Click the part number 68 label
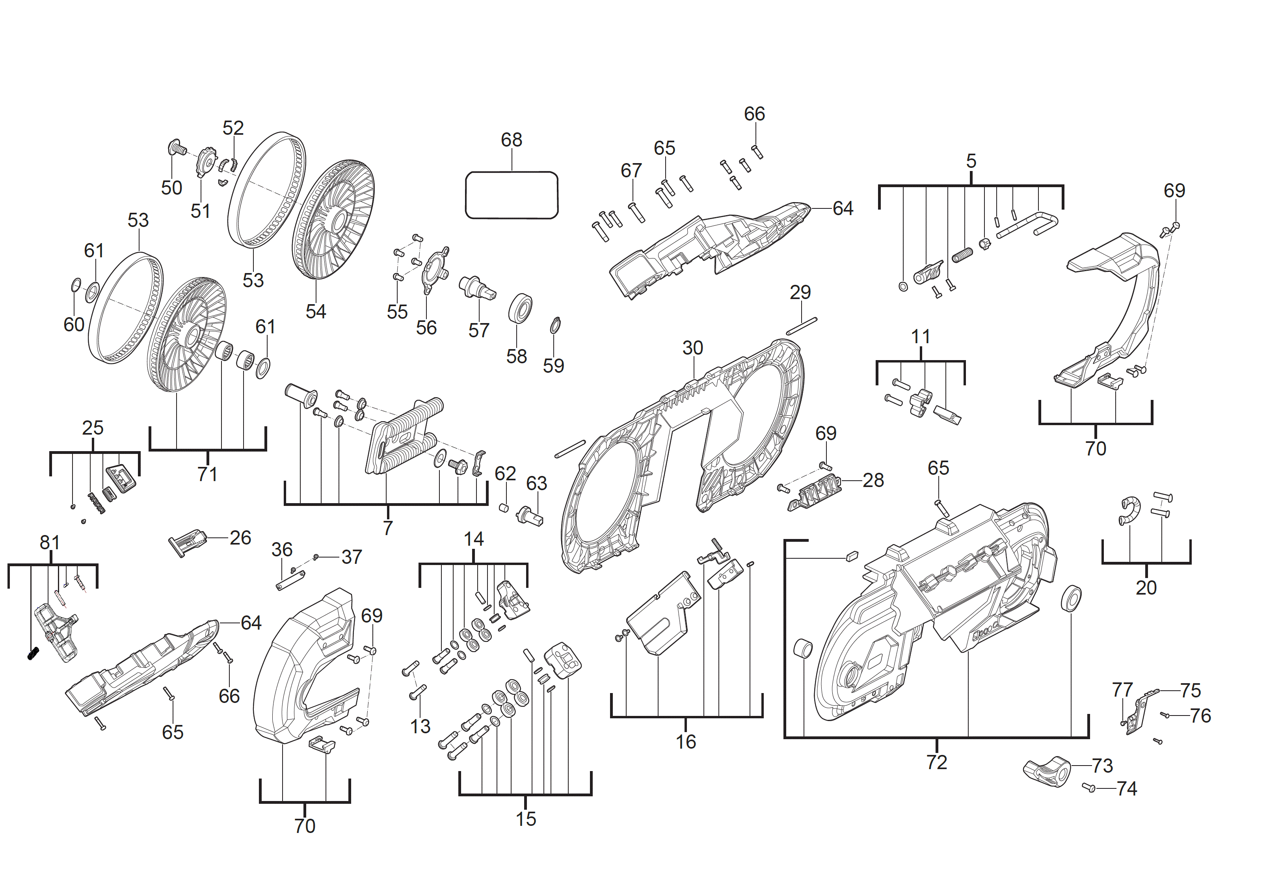[x=511, y=140]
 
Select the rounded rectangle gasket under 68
[x=511, y=195]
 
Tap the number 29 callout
[x=800, y=292]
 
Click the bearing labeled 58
[x=520, y=309]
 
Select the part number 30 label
[x=692, y=348]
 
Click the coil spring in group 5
[x=962, y=255]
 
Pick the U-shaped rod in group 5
[x=1027, y=225]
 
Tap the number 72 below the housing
[x=936, y=762]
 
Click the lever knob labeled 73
[x=1046, y=771]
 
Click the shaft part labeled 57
[x=477, y=287]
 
